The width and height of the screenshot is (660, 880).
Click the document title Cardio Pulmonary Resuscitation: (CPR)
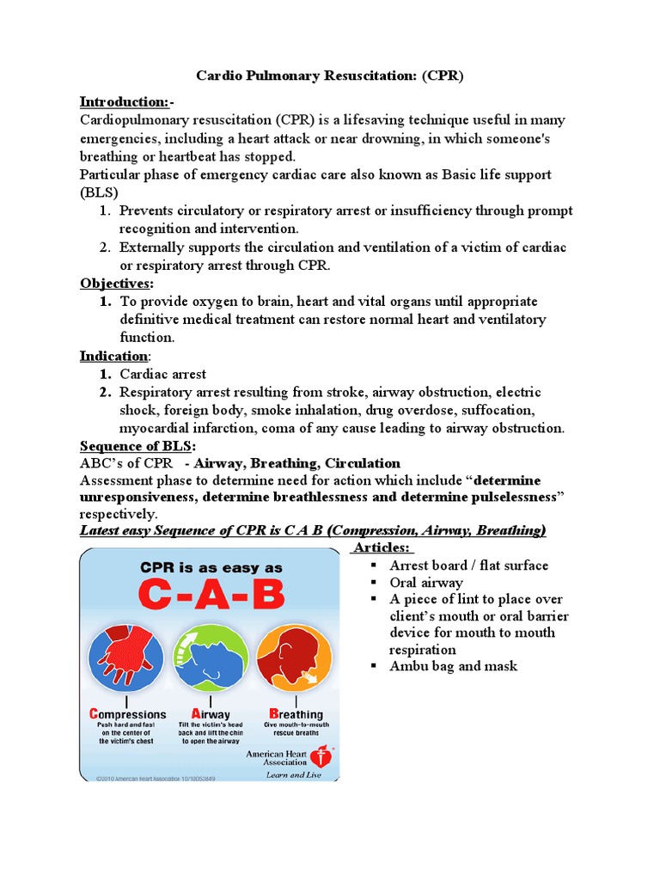click(x=330, y=76)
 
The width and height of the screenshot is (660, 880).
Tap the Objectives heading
click(x=117, y=284)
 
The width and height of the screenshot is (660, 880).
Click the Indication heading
click(x=114, y=356)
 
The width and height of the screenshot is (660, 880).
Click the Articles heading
click(x=383, y=548)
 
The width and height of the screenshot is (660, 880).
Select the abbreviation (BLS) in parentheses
click(x=99, y=192)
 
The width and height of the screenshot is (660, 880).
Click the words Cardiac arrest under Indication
click(x=163, y=374)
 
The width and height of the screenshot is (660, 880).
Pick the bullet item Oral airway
click(x=426, y=583)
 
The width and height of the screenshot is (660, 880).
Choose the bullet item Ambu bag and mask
click(x=453, y=666)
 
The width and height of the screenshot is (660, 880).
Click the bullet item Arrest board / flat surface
click(x=468, y=565)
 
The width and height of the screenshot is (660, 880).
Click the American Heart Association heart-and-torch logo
click(x=322, y=757)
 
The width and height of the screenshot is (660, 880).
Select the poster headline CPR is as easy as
click(x=210, y=567)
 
